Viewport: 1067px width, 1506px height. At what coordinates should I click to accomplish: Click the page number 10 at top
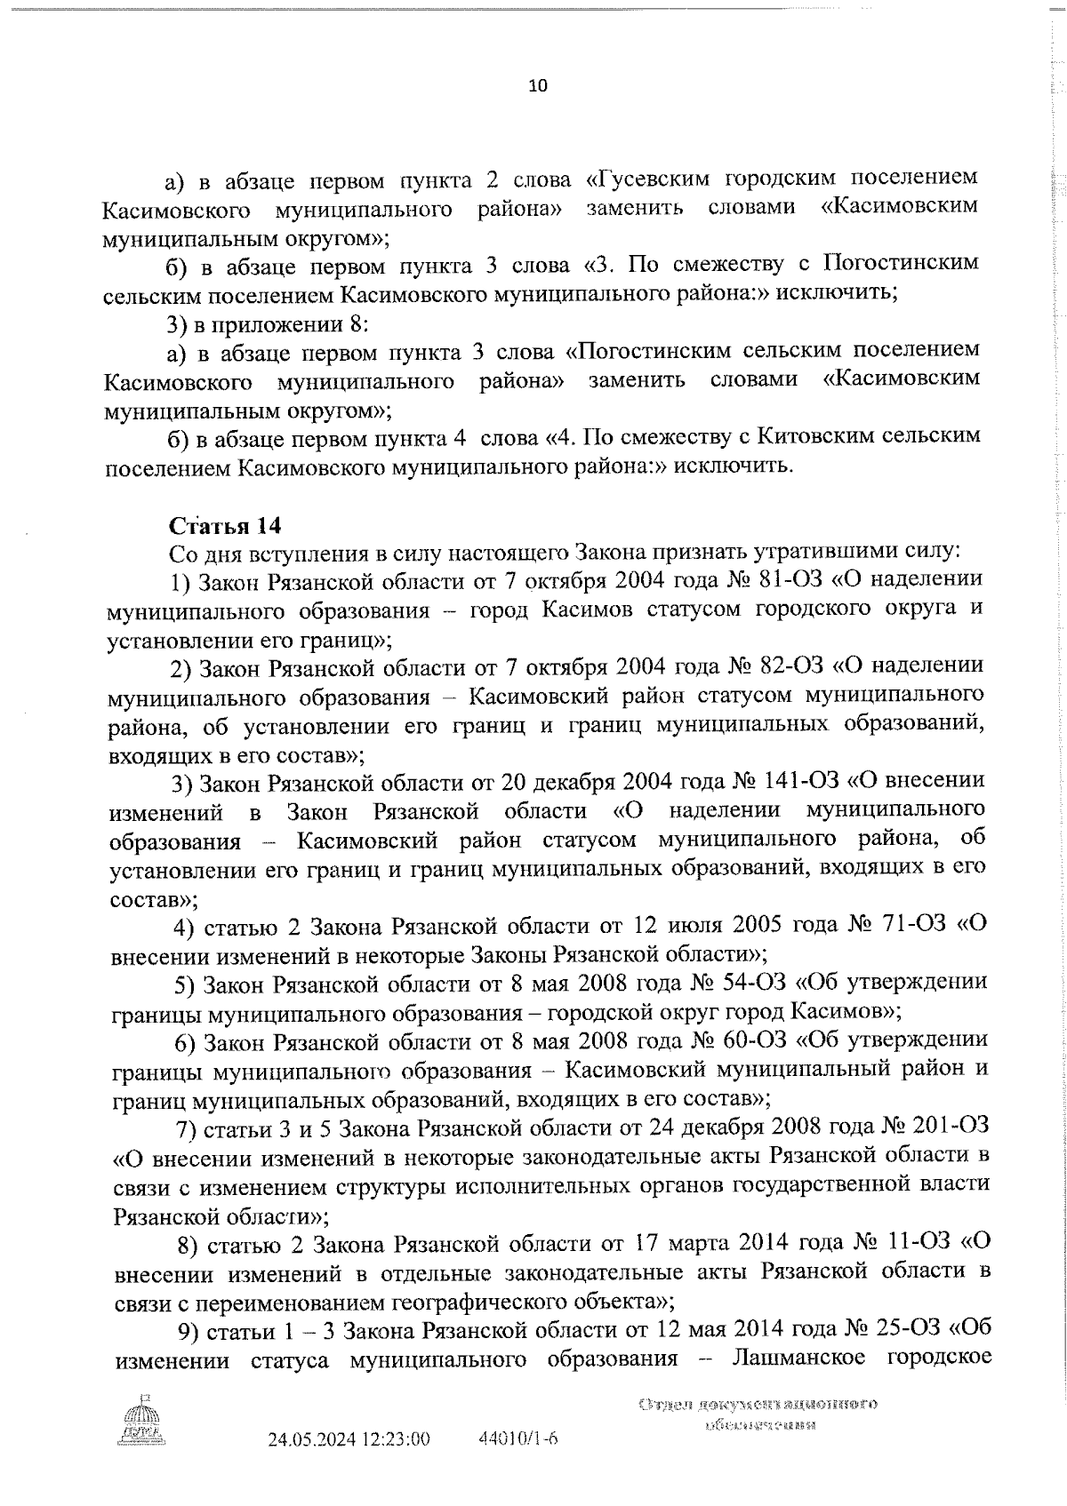pyautogui.click(x=539, y=86)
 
